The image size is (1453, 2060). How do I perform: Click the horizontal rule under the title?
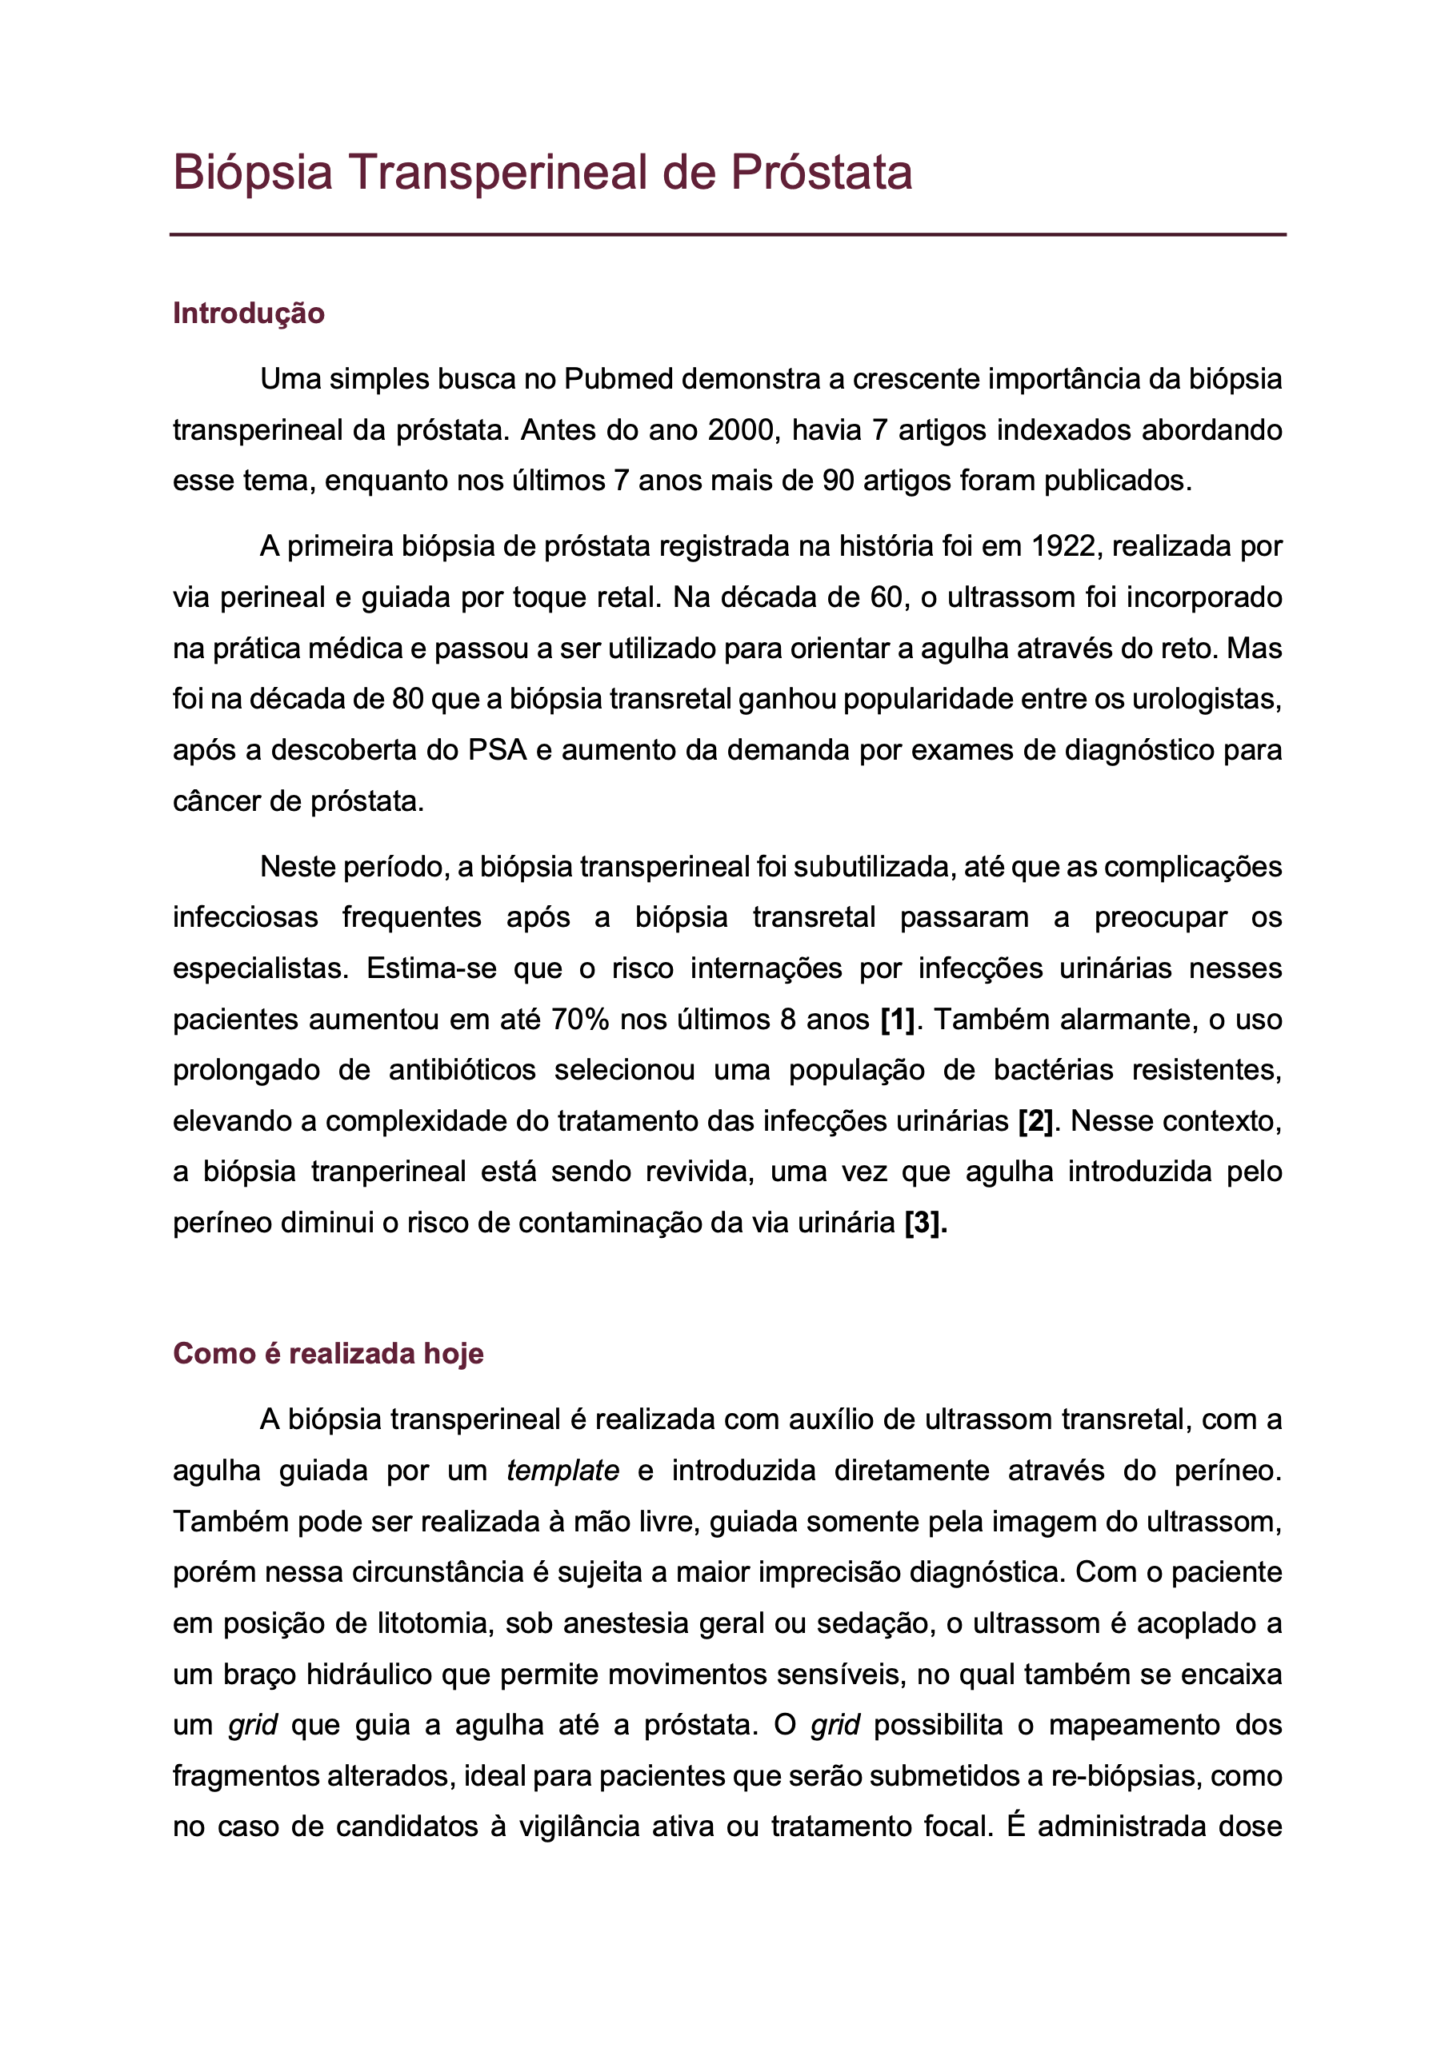tap(727, 235)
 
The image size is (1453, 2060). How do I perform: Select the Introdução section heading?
tap(249, 313)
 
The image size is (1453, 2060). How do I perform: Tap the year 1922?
tap(1063, 546)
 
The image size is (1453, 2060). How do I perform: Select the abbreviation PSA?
tap(496, 750)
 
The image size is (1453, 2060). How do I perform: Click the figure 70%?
tap(581, 1020)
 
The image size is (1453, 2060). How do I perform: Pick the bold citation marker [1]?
tap(897, 1020)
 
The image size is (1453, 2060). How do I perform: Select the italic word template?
tap(562, 1471)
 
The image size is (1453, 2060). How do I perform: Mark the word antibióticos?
tap(462, 1070)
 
